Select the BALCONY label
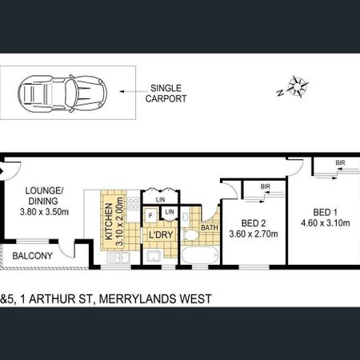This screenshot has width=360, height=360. click(32, 256)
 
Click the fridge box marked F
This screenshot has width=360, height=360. click(150, 215)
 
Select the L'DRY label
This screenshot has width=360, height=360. click(158, 236)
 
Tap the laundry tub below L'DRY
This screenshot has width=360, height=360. click(153, 256)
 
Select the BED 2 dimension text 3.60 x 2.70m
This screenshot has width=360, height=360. click(250, 235)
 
